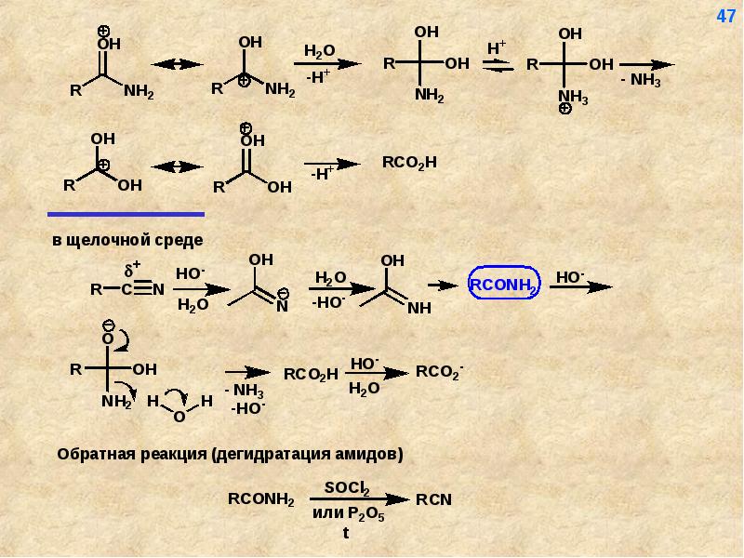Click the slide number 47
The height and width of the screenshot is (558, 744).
pos(725,17)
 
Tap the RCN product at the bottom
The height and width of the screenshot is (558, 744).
pos(433,499)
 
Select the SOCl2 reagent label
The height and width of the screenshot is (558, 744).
pos(347,487)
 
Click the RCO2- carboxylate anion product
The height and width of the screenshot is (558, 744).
pos(439,371)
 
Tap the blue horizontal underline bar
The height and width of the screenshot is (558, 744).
pos(126,213)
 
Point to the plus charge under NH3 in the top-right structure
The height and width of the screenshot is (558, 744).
pos(565,109)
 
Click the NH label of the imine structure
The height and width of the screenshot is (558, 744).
pos(419,308)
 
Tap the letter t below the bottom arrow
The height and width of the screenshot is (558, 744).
pos(345,533)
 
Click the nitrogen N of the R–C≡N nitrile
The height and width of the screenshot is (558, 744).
pos(158,289)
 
